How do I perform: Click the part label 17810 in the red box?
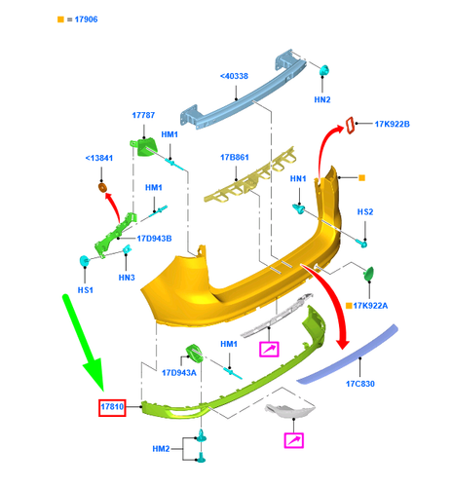pos(112,407)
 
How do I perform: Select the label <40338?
pos(234,76)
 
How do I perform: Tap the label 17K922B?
pos(393,124)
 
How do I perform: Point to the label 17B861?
pos(235,158)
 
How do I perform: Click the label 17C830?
pos(360,384)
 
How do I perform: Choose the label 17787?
pos(143,115)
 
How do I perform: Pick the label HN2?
pos(322,99)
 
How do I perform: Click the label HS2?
pos(365,212)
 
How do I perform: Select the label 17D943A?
pos(179,373)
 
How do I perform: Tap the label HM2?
pos(161,449)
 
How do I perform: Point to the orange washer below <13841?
pos(102,187)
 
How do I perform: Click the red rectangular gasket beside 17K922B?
pos(351,126)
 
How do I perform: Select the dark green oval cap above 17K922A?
pos(369,274)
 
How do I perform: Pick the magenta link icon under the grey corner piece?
pos(294,440)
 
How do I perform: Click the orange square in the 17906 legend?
pos(60,19)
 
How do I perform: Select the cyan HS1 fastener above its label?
pos(85,261)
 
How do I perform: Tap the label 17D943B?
pos(154,239)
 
